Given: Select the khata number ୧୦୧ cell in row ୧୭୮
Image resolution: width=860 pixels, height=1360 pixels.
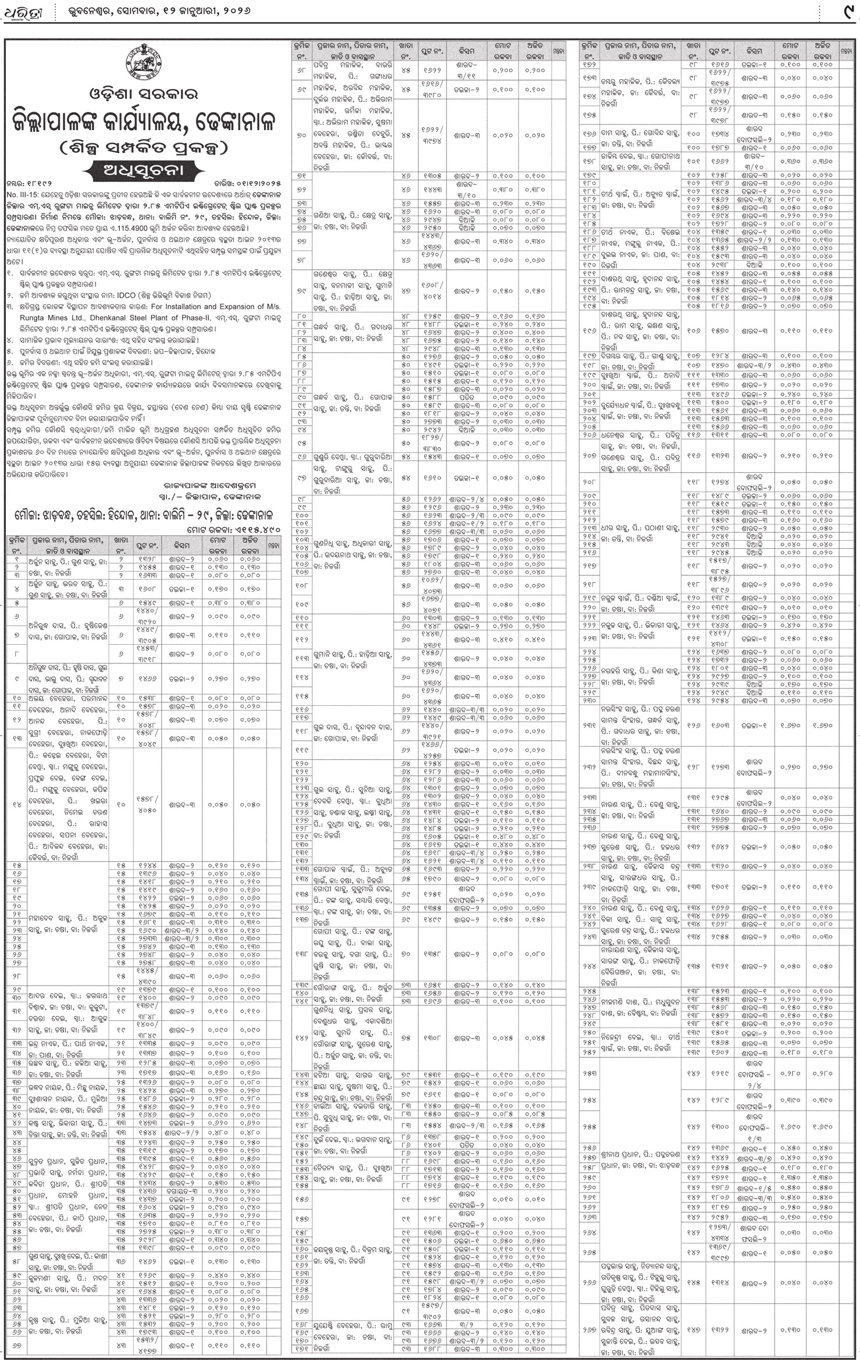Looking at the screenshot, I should click(693, 162).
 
